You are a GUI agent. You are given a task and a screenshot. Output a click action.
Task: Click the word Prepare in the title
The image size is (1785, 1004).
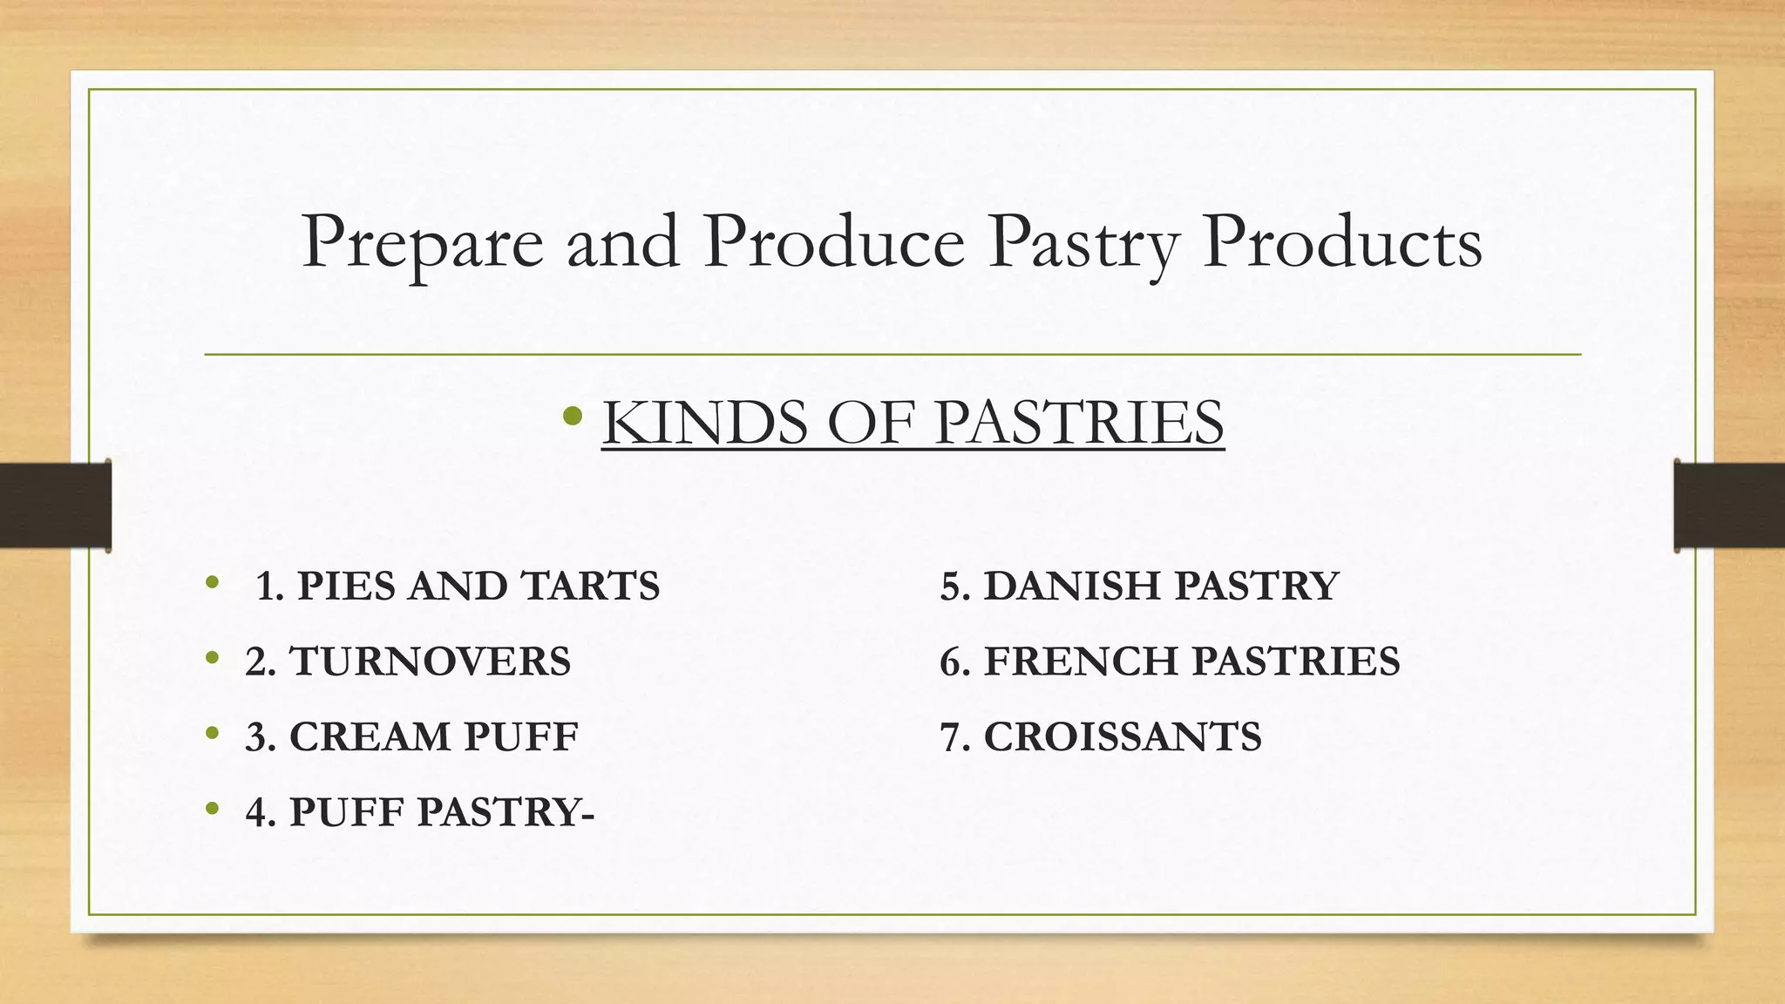[x=422, y=244]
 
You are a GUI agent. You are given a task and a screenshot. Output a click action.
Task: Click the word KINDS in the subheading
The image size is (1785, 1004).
[x=704, y=423]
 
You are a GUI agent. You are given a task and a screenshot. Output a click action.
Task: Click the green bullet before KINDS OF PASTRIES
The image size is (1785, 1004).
[x=573, y=416]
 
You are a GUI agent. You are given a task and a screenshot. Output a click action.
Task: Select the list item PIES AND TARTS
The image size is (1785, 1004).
[x=458, y=586]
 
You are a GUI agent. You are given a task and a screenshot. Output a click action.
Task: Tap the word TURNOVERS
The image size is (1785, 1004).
[x=429, y=661]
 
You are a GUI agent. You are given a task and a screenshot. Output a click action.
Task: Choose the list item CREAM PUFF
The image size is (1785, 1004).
[x=411, y=737]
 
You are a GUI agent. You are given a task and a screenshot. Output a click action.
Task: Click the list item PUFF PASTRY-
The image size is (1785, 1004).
[x=420, y=812]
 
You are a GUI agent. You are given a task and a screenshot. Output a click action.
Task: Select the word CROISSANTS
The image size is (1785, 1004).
[x=1123, y=737]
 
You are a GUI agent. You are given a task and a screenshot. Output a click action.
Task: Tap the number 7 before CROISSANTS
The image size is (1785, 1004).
[x=951, y=737]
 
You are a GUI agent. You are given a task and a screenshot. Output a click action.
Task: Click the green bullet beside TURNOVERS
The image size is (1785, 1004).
[x=212, y=659]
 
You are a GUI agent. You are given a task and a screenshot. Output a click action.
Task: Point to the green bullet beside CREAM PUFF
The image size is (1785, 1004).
[x=212, y=734]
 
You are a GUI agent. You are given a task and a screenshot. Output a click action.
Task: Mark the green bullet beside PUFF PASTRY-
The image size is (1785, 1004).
[x=212, y=810]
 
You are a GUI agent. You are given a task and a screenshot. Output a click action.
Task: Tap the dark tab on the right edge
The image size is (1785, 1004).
[x=1729, y=505]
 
